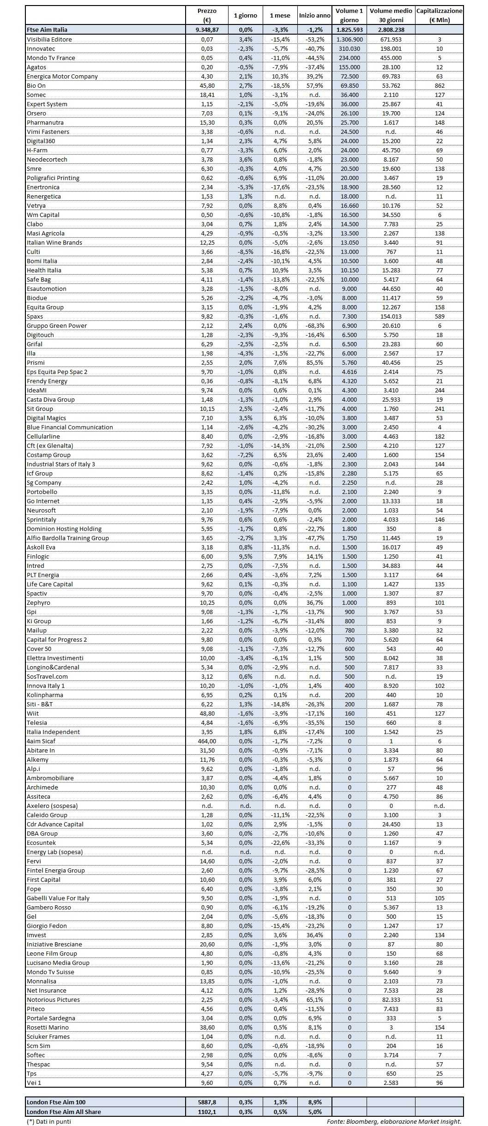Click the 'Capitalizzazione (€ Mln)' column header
coord(439,15)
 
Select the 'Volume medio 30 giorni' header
coord(391,15)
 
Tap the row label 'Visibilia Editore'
coord(49,39)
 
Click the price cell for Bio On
coord(207,85)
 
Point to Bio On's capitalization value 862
coord(439,85)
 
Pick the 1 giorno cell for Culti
coord(246,252)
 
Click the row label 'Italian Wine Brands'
coord(54,242)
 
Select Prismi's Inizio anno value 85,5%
coord(314,362)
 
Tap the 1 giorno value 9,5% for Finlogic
coord(246,556)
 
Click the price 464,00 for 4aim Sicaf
coord(207,741)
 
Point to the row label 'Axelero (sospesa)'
coord(52,806)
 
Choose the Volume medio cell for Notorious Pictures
coord(391,1000)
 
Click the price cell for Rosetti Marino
coord(207,1027)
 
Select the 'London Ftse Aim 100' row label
coord(56,1102)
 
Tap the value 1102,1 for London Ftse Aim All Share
coord(207,1112)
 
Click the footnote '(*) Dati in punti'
coord(49,1121)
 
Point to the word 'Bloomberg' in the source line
coord(362,1121)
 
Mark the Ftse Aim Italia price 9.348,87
coord(207,30)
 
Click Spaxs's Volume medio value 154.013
coord(391,316)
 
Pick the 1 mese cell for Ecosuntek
coord(280,843)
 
